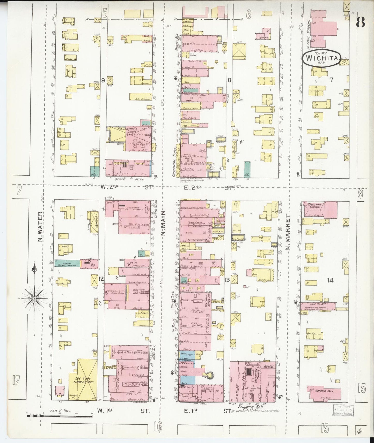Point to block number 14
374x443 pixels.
point(330,280)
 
